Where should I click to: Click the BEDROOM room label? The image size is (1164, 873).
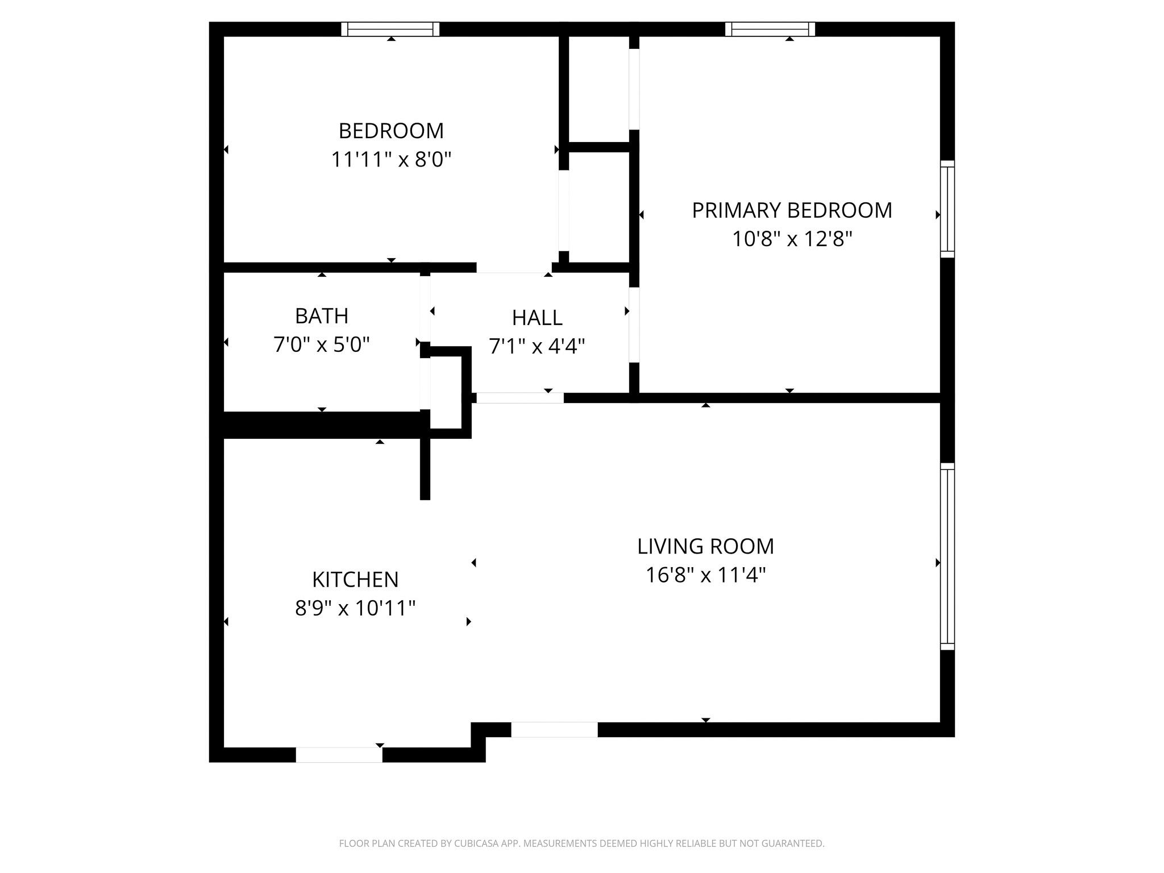pos(391,131)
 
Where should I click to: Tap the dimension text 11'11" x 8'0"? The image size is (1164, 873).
pos(391,160)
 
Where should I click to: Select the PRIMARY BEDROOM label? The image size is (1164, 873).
pos(792,211)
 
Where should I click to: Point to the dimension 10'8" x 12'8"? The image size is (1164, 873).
pos(792,239)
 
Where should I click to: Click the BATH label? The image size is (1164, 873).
pos(322,316)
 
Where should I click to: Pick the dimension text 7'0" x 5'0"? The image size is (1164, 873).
pos(322,345)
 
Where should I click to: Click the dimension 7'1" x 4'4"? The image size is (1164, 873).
pos(537,346)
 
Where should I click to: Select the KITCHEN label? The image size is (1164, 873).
pos(355,580)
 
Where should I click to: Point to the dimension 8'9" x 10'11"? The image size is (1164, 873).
pos(355,609)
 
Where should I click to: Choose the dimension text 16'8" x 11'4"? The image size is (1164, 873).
pos(705,575)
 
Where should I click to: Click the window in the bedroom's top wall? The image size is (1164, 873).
pos(390,29)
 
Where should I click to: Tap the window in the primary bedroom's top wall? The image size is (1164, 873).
pos(770,29)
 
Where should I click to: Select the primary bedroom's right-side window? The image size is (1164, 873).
pos(947,209)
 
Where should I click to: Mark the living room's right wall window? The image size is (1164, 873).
pos(947,556)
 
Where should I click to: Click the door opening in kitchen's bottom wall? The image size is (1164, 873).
pos(339,755)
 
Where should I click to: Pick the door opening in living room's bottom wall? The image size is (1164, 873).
pos(554,730)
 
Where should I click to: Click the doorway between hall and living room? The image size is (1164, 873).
pos(519,398)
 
